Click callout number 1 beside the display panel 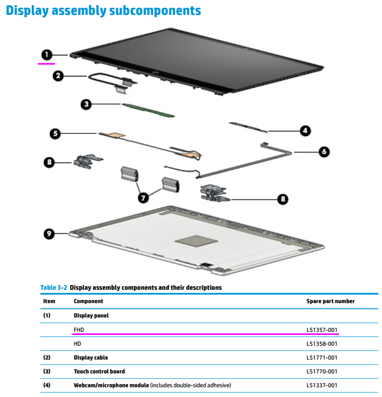coord(46,54)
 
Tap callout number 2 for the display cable coord(58,76)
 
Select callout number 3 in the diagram coord(87,105)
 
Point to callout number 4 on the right coord(305,131)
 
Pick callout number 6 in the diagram coord(324,152)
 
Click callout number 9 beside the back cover coord(49,233)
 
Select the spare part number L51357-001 coord(321,330)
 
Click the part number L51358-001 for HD coord(321,344)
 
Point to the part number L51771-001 coord(321,358)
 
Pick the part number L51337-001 coord(321,385)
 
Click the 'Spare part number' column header coord(330,301)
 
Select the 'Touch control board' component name coord(99,371)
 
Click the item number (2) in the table coord(48,358)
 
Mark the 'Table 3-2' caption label coord(54,288)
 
